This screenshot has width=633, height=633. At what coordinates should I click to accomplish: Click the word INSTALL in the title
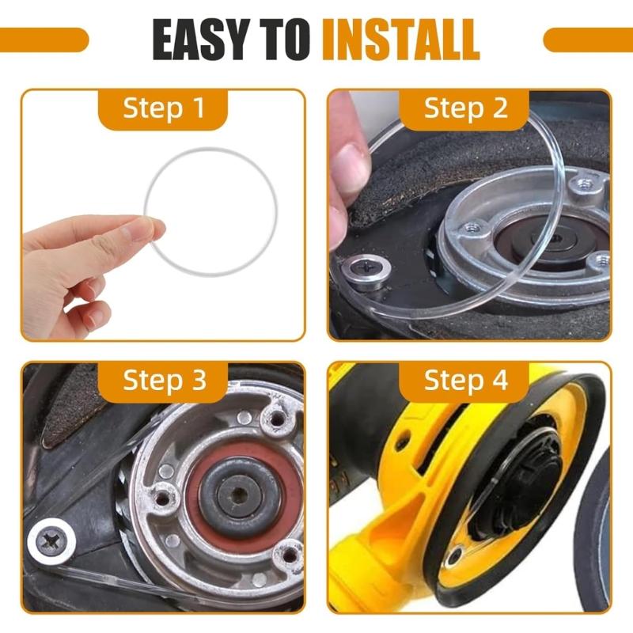tap(402, 40)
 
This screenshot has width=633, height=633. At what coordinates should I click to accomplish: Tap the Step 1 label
tap(164, 108)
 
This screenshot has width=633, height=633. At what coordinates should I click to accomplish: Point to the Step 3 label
tap(164, 381)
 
